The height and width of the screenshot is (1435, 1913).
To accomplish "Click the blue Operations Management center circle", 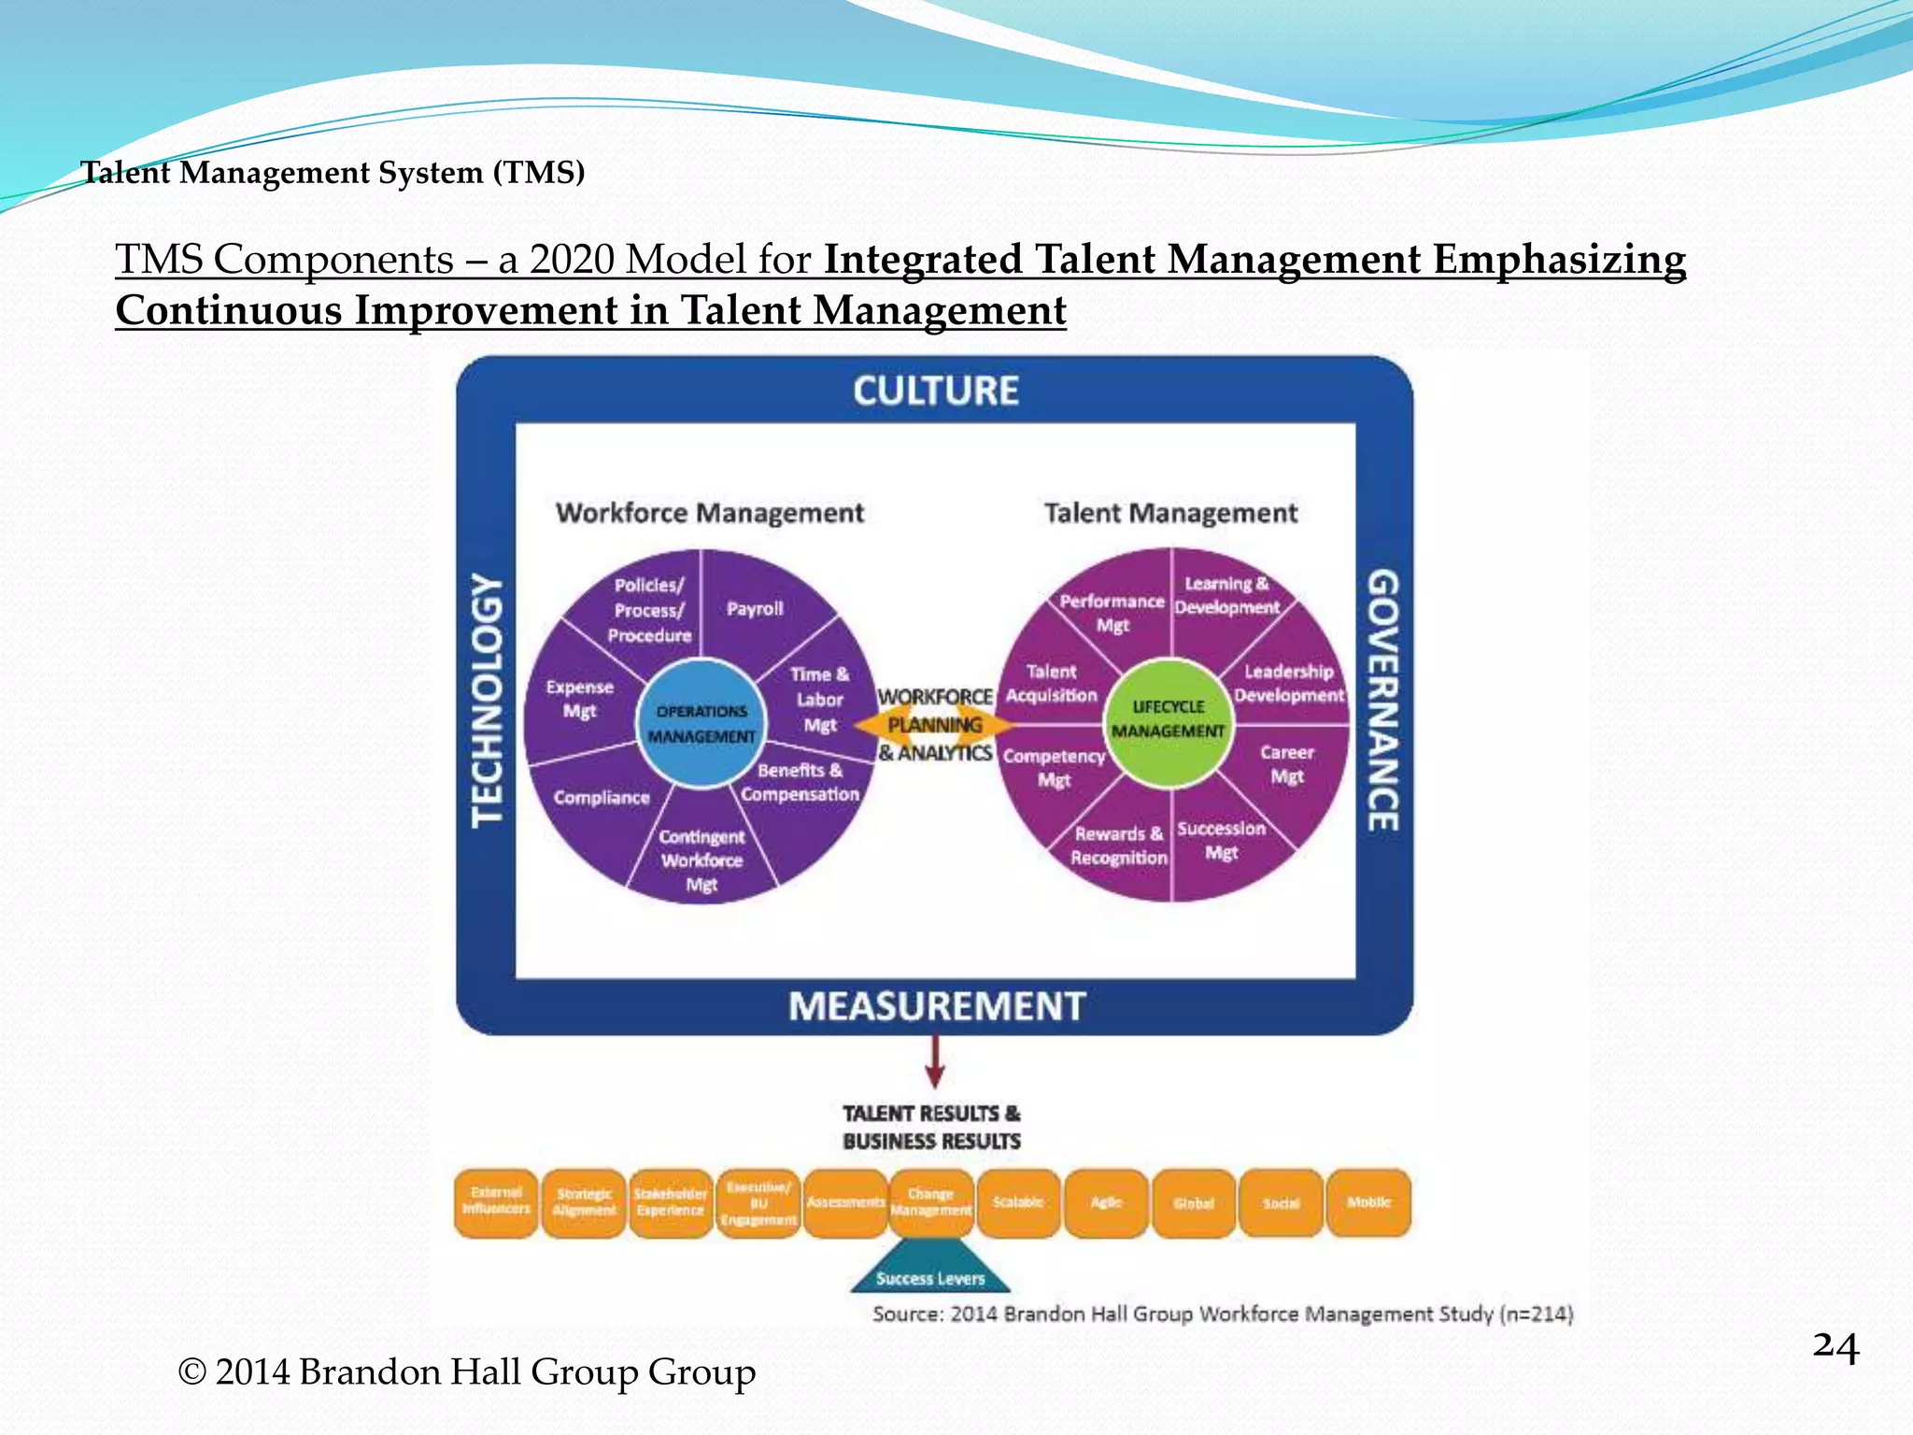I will pyautogui.click(x=701, y=723).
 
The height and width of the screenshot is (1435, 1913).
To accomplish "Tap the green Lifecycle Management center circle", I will pyautogui.click(x=1168, y=719).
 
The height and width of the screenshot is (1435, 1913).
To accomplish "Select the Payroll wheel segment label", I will pyautogui.click(x=755, y=609).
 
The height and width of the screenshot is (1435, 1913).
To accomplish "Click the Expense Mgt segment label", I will pyautogui.click(x=579, y=699).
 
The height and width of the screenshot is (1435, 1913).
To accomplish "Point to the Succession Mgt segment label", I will pyautogui.click(x=1221, y=841).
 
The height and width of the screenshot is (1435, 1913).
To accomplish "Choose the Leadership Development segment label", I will pyautogui.click(x=1289, y=683).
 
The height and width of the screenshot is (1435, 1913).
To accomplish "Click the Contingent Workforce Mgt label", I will pyautogui.click(x=701, y=860).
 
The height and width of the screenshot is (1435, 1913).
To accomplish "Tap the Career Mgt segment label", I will pyautogui.click(x=1286, y=764).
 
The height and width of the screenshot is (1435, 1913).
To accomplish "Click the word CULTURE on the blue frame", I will pyautogui.click(x=935, y=391).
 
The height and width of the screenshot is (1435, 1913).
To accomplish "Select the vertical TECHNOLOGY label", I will pyautogui.click(x=487, y=701).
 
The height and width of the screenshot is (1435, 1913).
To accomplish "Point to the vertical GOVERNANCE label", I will pyautogui.click(x=1383, y=700).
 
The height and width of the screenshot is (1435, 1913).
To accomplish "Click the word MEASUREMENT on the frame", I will pyautogui.click(x=936, y=1006).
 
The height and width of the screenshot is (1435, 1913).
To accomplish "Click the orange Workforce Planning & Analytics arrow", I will pyautogui.click(x=934, y=725).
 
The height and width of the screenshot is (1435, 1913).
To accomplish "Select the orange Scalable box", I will pyautogui.click(x=1018, y=1203).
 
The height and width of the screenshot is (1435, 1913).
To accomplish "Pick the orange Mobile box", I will pyautogui.click(x=1368, y=1203).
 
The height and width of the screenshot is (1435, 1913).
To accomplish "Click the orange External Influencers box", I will pyautogui.click(x=496, y=1203).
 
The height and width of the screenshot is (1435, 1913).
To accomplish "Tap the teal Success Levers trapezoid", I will pyautogui.click(x=930, y=1271).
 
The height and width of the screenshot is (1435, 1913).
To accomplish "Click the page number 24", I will pyautogui.click(x=1835, y=1348).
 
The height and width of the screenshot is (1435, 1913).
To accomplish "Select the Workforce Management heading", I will pyautogui.click(x=710, y=513).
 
